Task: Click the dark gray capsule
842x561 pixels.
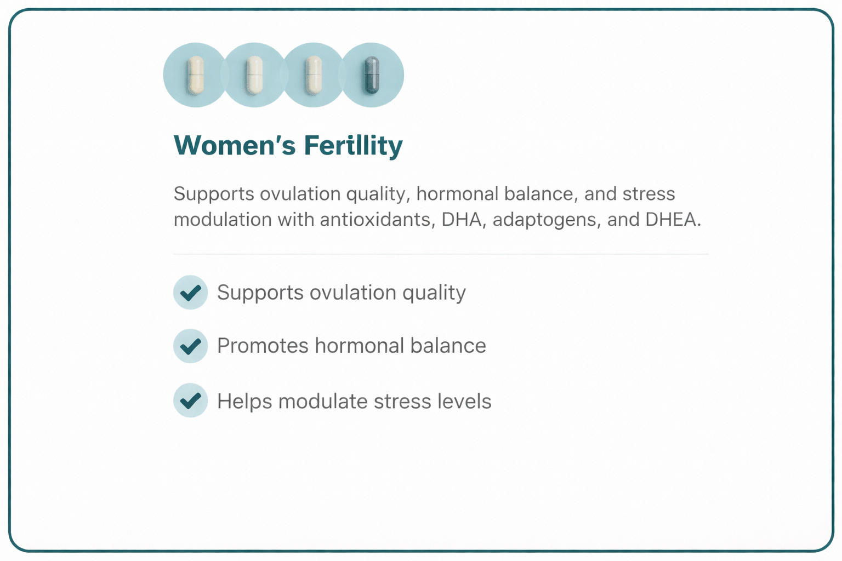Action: click(372, 75)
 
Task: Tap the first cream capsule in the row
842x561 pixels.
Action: click(196, 75)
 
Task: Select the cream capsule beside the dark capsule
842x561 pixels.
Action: click(313, 75)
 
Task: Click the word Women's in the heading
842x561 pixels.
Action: click(235, 146)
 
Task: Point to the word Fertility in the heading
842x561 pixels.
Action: click(353, 146)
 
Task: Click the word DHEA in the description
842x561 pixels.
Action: click(673, 220)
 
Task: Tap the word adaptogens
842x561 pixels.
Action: click(546, 220)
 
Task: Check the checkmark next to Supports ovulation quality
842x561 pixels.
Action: click(190, 293)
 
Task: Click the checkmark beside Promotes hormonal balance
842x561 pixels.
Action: click(190, 346)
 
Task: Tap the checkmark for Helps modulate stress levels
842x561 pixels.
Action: click(190, 400)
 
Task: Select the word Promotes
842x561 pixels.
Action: click(263, 346)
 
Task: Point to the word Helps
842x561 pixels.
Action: click(244, 402)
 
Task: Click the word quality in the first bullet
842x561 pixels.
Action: click(434, 293)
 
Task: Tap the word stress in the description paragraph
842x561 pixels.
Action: click(648, 194)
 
